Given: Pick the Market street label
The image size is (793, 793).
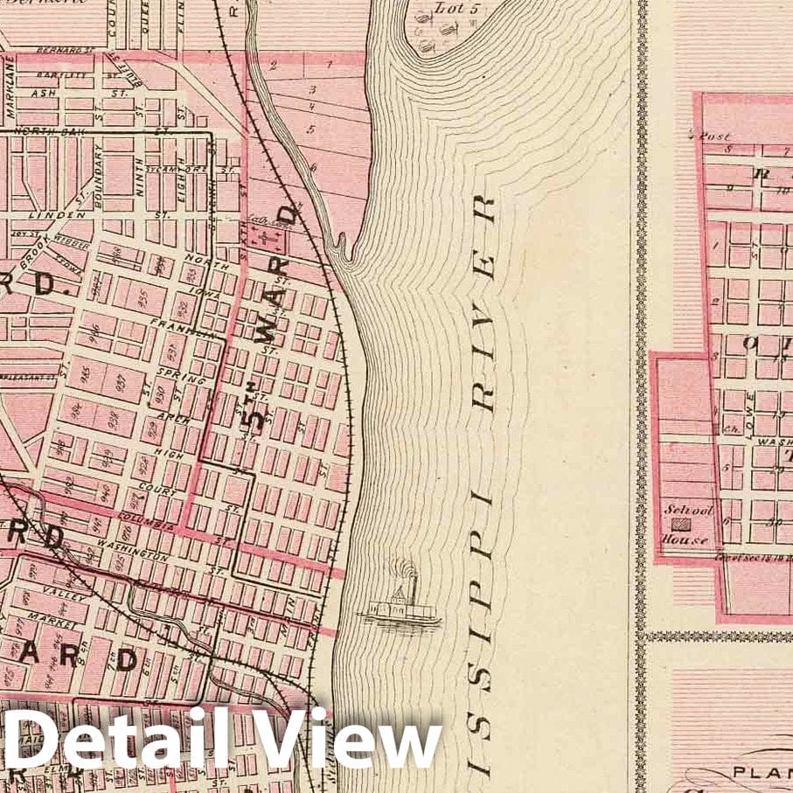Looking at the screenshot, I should coord(52,617).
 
